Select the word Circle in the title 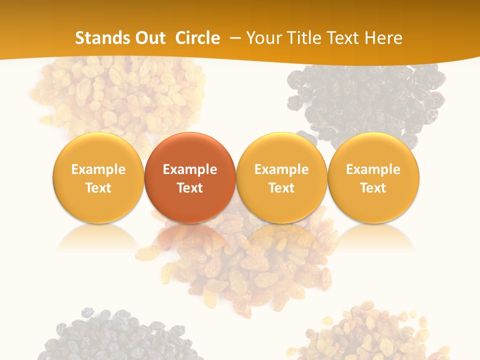197,38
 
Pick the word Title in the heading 305,38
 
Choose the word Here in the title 384,38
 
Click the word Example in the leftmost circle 98,169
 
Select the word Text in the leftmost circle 98,188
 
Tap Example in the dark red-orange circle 190,169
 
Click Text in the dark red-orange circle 190,188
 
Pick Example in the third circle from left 281,169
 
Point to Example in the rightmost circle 373,169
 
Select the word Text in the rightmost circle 373,188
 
